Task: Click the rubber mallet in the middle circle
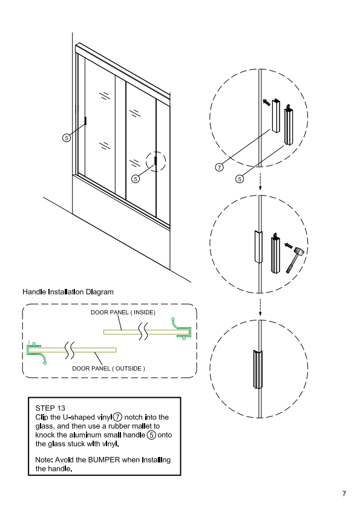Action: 295,260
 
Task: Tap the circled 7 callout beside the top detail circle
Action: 219,167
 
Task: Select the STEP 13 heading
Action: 50,408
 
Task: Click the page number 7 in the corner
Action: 344,494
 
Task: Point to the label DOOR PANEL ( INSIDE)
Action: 123,313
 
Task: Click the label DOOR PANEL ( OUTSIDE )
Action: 108,368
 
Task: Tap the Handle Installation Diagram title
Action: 68,292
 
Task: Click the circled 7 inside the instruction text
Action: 117,417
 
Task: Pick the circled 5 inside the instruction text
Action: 151,435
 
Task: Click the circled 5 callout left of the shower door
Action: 67,138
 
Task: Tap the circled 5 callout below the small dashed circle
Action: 136,178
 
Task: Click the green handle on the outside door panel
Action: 36,352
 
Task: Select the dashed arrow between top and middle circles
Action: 260,181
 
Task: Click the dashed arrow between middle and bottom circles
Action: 260,307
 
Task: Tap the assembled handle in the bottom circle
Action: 258,369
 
